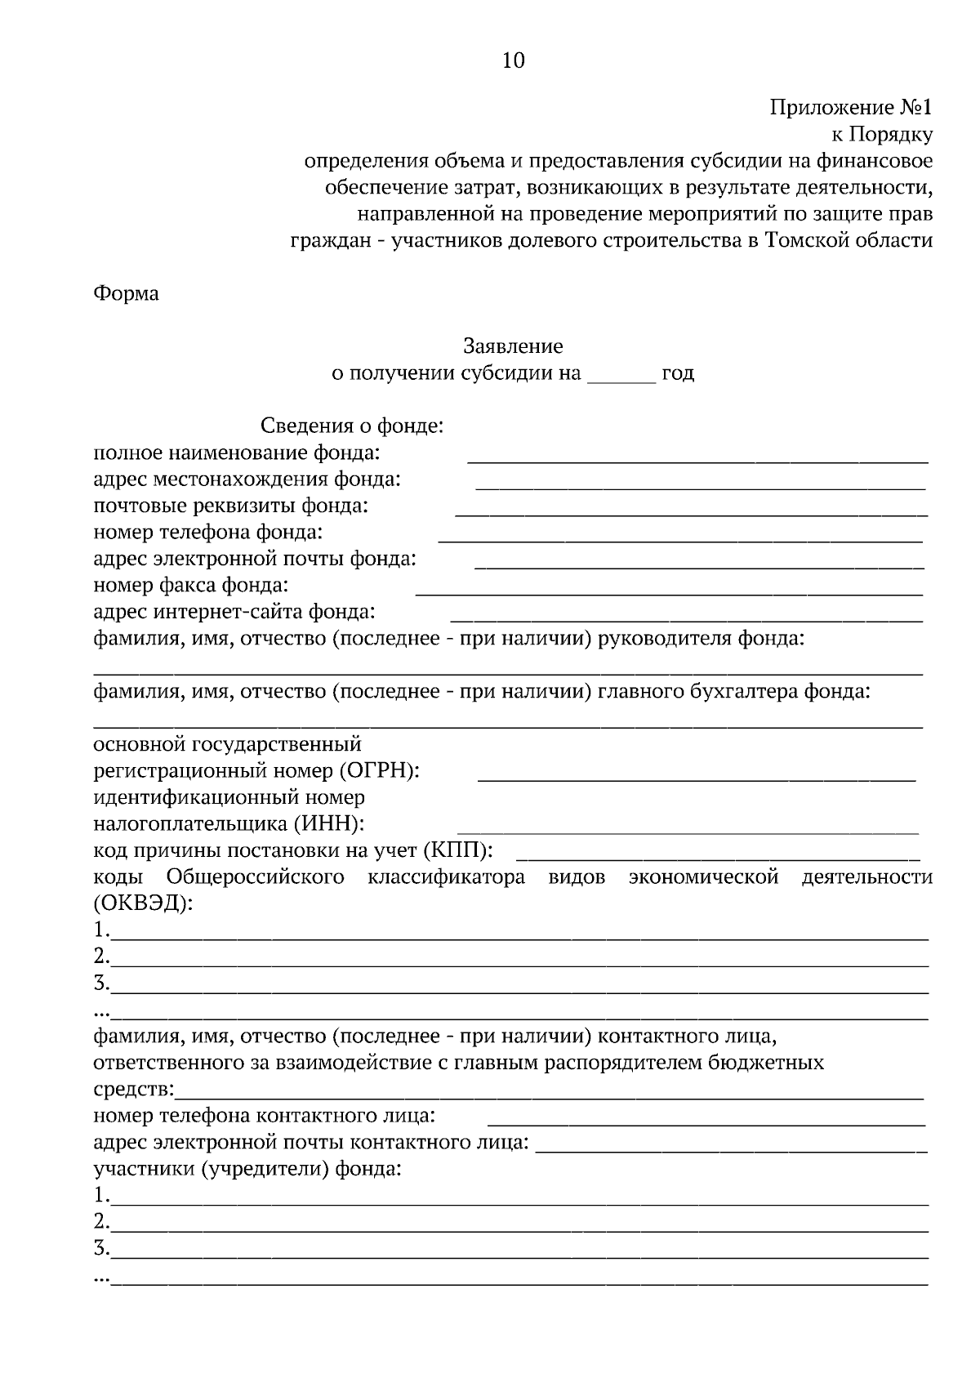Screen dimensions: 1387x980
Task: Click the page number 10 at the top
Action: (513, 61)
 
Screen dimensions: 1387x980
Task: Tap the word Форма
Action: (126, 294)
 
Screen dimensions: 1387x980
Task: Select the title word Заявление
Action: (513, 346)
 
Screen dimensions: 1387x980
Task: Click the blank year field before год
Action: (621, 376)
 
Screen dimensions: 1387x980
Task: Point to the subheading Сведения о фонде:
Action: (351, 426)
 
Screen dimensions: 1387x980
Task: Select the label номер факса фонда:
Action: (190, 585)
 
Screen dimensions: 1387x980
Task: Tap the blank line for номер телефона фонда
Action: (679, 537)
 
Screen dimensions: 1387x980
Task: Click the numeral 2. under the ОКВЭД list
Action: (101, 956)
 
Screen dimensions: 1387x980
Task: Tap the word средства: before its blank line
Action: (134, 1090)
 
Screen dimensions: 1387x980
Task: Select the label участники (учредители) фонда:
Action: (247, 1169)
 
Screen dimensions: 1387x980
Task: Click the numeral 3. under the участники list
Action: (101, 1248)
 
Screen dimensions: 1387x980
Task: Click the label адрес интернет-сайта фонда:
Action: (234, 612)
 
